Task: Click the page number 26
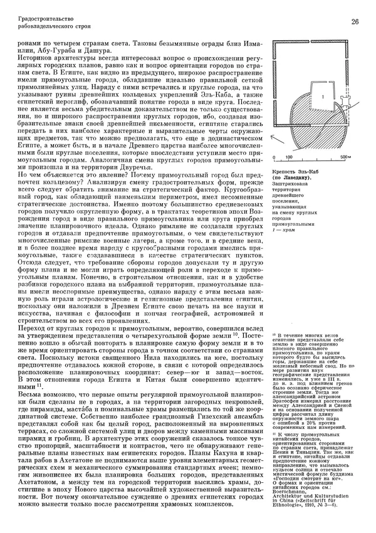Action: [355, 23]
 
